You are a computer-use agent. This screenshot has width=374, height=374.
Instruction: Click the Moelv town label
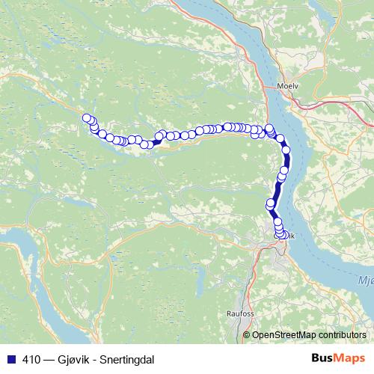click(288, 85)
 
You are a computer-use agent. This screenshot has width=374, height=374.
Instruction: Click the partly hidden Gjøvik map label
click(291, 236)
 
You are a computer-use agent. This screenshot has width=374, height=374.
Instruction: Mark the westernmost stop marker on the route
click(87, 118)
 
